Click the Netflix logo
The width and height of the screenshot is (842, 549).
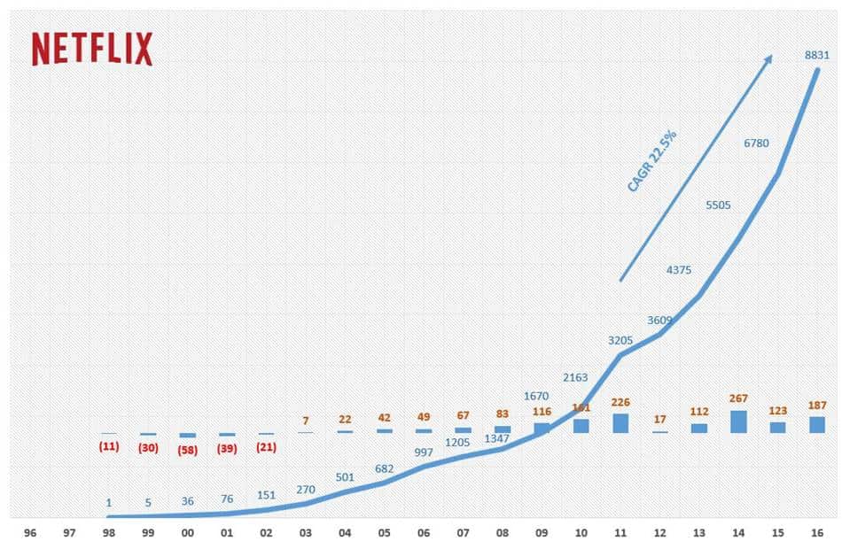click(x=92, y=49)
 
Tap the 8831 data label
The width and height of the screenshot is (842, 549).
click(x=816, y=55)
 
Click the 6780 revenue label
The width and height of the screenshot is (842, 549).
click(x=756, y=141)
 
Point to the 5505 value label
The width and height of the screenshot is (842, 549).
click(x=719, y=205)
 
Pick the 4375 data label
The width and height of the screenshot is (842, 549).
click(x=682, y=269)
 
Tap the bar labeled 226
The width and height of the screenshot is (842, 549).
click(x=620, y=423)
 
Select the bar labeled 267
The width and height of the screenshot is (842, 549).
click(x=738, y=421)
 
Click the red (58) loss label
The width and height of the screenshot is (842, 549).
click(x=188, y=448)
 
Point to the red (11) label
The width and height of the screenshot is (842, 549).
click(x=109, y=446)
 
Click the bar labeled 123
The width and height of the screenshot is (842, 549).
click(x=777, y=427)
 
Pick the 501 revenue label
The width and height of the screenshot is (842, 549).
click(x=345, y=478)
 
